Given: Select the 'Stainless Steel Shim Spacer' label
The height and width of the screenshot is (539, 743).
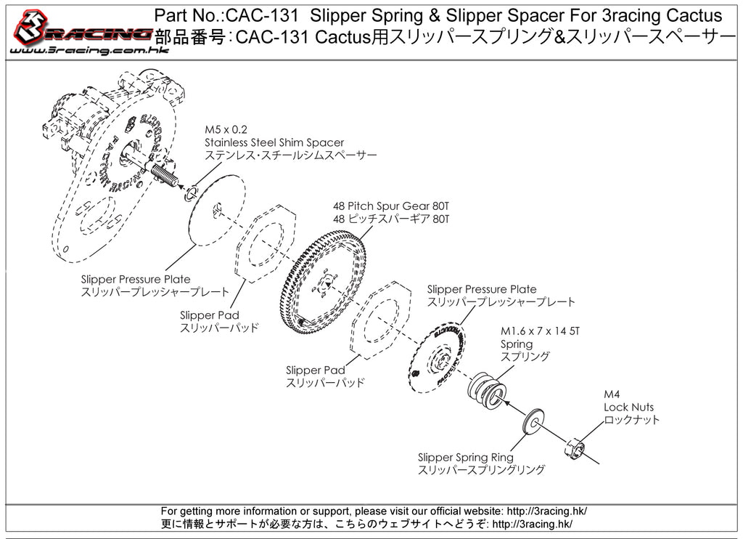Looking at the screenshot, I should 274,142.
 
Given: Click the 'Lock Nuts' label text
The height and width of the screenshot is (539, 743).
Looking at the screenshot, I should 628,408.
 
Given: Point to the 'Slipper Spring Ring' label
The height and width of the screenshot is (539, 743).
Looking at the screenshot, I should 465,457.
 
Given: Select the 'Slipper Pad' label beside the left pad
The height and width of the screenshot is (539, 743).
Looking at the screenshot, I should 209,315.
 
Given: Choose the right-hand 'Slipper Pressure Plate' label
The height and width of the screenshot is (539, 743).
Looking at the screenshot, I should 482,289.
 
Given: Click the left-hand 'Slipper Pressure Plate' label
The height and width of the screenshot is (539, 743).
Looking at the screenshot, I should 136,279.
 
